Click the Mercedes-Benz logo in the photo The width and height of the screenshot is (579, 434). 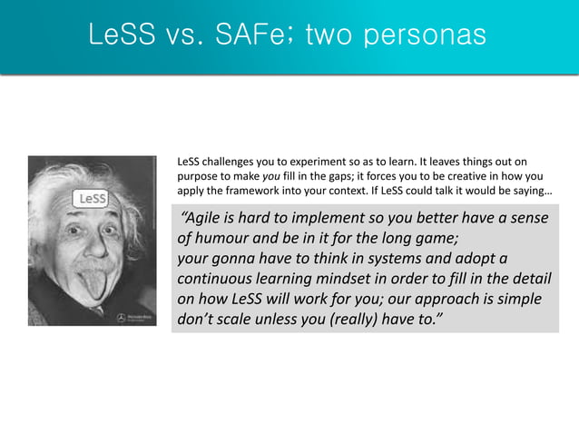tap(121, 318)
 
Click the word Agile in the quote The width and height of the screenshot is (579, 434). tap(205, 219)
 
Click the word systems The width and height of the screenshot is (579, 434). tap(402, 259)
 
